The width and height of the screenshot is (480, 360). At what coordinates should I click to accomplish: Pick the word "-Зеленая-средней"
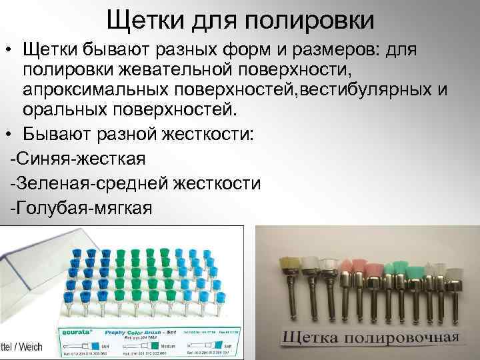point(94,183)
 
